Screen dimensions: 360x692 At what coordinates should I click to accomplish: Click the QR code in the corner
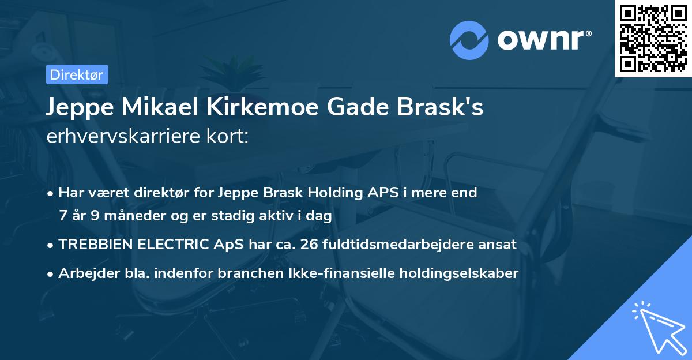pyautogui.click(x=653, y=38)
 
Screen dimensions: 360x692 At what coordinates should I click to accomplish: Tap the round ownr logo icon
pyautogui.click(x=469, y=40)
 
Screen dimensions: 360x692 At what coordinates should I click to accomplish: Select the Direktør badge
pyautogui.click(x=76, y=74)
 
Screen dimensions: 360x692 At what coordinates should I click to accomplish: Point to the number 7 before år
pyautogui.click(x=62, y=216)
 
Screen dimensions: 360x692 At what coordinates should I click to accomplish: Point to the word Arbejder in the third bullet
pyautogui.click(x=85, y=273)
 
